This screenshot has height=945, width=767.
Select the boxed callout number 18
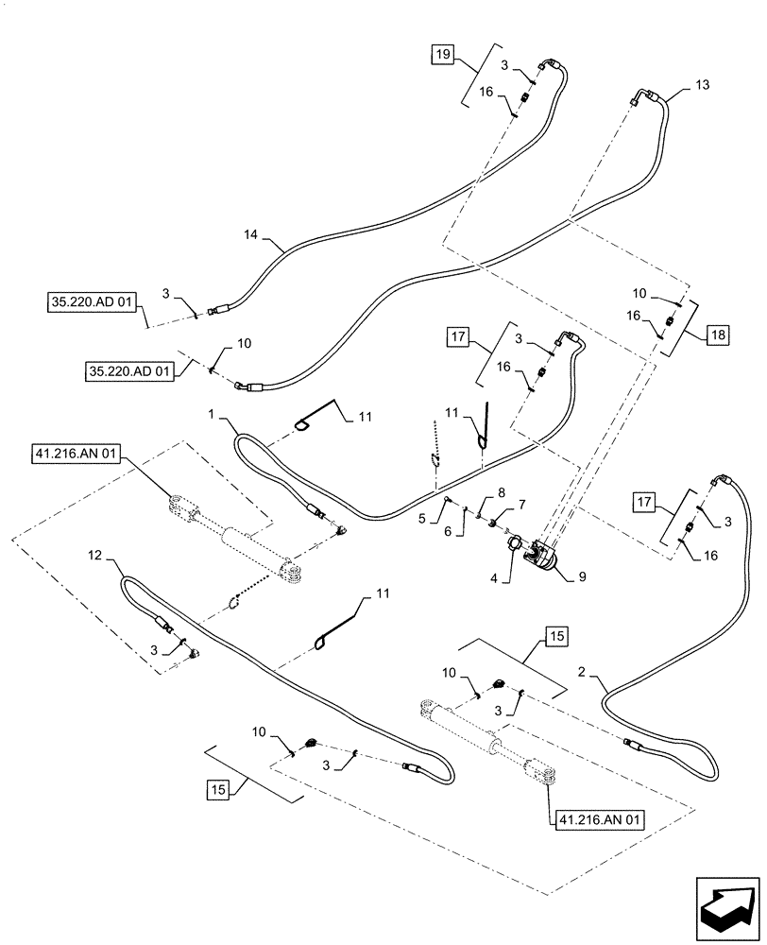[718, 335]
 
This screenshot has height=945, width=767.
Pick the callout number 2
[585, 672]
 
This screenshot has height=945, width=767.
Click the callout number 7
[520, 507]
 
